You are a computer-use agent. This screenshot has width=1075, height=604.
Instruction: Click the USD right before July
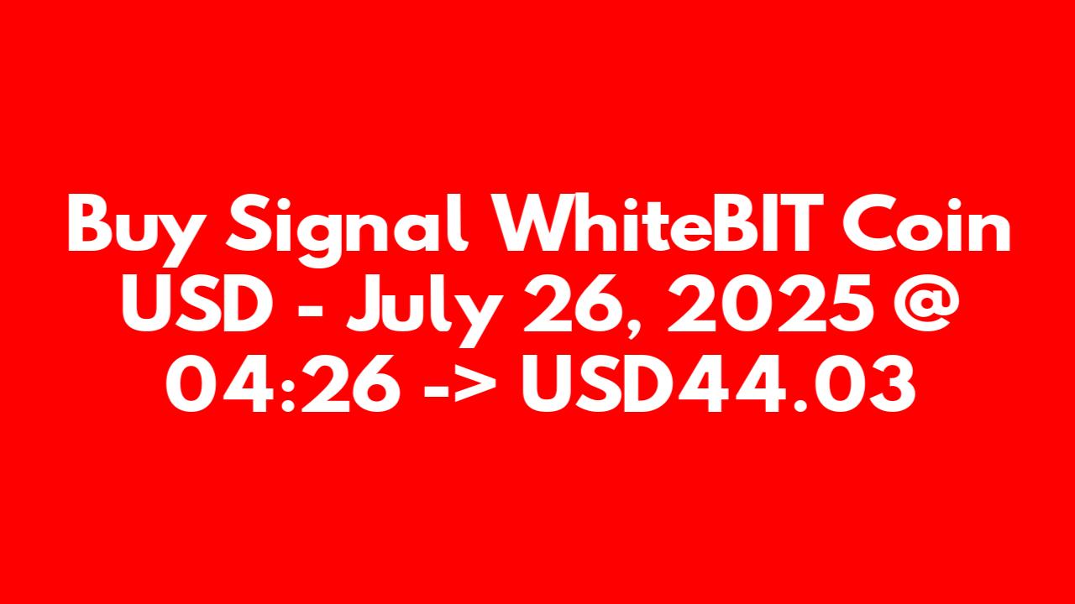[197, 304]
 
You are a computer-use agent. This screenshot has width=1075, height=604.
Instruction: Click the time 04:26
[283, 384]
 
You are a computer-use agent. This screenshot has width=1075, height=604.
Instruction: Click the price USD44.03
[719, 384]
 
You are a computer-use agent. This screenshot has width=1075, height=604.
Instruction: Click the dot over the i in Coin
[952, 203]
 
